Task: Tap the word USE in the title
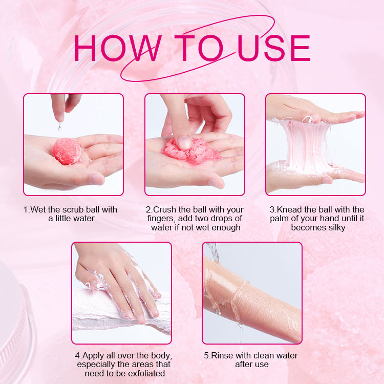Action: pyautogui.click(x=274, y=48)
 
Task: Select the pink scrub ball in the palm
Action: pyautogui.click(x=67, y=151)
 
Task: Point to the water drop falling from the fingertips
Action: pyautogui.click(x=59, y=126)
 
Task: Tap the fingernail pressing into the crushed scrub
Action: pyautogui.click(x=184, y=142)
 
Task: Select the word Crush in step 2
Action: pyautogui.click(x=164, y=209)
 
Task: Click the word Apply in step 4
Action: pyautogui.click(x=93, y=356)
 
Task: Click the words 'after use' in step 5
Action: pyautogui.click(x=252, y=365)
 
